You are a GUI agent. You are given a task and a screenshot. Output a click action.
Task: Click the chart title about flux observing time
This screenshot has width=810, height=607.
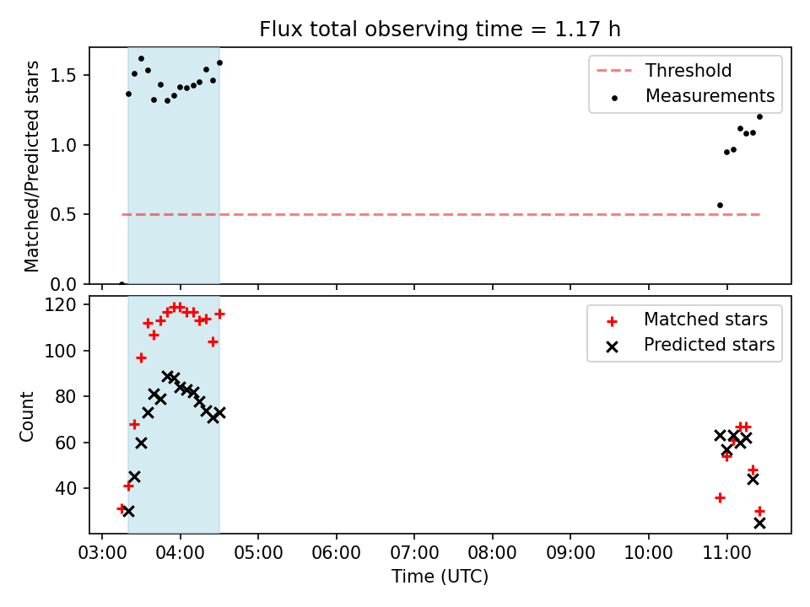(440, 30)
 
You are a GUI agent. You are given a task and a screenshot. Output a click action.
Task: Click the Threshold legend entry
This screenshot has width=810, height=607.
(664, 70)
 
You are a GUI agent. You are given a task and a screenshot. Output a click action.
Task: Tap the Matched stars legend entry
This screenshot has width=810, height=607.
(687, 320)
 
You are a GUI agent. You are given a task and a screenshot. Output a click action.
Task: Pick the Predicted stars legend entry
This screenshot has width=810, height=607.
(691, 345)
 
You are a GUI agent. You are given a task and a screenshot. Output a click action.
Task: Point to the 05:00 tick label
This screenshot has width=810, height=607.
(258, 553)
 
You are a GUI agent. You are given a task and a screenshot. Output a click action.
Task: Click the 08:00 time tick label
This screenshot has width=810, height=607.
(492, 553)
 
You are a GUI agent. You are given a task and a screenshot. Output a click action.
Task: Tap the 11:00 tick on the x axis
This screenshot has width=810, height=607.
(726, 553)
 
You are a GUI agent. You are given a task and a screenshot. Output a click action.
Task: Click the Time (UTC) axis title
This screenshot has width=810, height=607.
(440, 576)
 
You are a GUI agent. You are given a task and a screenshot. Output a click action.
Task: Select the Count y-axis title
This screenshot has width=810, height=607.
(26, 416)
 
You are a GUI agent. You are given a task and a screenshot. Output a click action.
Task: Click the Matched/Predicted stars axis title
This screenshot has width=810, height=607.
(31, 166)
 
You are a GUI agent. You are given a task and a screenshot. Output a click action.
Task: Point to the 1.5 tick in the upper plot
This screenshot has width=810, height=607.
(63, 75)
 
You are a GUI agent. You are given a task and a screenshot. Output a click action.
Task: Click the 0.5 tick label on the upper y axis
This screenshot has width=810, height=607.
(63, 214)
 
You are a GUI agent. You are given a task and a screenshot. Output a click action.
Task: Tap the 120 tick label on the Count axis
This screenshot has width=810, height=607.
(60, 304)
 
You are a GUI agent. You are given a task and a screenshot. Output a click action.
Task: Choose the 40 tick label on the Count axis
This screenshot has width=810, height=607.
(66, 488)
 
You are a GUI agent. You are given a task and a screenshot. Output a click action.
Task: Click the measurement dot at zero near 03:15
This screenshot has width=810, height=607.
(121, 283)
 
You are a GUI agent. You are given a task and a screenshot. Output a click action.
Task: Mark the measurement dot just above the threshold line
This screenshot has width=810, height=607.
(720, 206)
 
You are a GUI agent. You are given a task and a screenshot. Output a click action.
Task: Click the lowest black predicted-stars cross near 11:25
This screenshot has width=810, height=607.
(759, 524)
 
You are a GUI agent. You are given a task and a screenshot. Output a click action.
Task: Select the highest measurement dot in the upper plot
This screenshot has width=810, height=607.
(141, 59)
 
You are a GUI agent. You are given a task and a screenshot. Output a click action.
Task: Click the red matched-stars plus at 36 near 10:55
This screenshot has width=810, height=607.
(720, 497)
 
